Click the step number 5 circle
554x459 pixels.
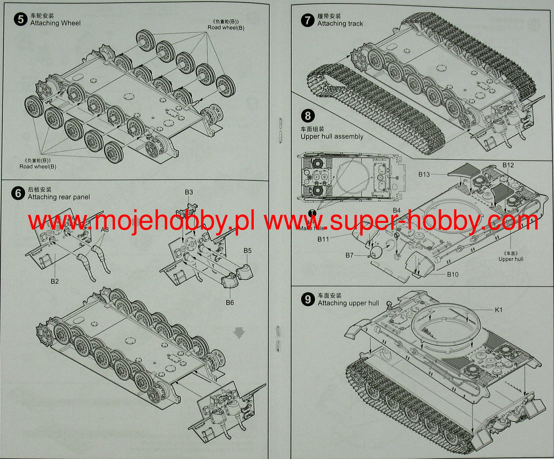click(x=21, y=19)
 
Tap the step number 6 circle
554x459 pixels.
click(x=18, y=193)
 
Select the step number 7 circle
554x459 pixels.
click(x=308, y=20)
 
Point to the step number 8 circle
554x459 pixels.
click(x=308, y=116)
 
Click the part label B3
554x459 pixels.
click(x=189, y=192)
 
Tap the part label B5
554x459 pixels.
click(x=248, y=251)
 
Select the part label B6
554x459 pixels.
click(x=230, y=303)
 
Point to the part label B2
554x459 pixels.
click(x=55, y=281)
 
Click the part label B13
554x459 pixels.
click(x=424, y=174)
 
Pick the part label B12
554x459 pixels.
click(x=508, y=165)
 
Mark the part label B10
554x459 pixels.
click(x=453, y=274)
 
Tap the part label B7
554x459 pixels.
click(x=349, y=255)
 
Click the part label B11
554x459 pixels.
click(x=323, y=239)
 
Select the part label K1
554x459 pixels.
click(x=499, y=310)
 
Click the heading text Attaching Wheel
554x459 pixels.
click(x=55, y=23)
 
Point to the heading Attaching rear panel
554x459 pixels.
click(x=59, y=197)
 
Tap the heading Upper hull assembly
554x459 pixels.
click(x=332, y=136)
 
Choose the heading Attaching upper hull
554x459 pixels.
click(x=348, y=303)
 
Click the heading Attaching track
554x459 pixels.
click(x=340, y=24)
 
